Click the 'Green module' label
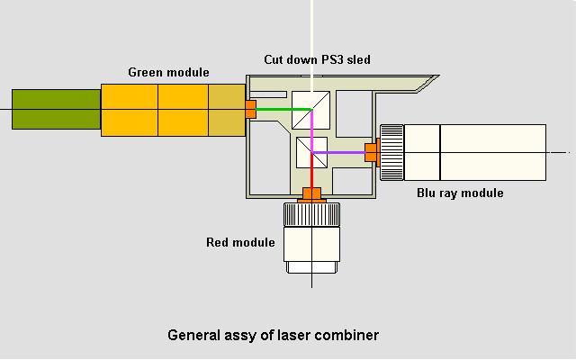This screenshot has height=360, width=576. [x=168, y=72]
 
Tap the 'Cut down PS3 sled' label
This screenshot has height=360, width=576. [x=317, y=59]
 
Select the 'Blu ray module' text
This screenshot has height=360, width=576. [x=460, y=193]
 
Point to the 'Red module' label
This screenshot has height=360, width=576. [x=240, y=242]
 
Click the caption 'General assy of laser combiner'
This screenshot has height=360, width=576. [x=273, y=335]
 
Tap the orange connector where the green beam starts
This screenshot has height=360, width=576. [x=250, y=109]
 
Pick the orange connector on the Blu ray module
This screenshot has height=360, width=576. [x=370, y=152]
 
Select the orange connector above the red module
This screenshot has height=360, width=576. [x=311, y=193]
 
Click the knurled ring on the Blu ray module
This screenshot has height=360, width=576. [x=391, y=151]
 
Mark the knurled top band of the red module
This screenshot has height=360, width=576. [x=311, y=214]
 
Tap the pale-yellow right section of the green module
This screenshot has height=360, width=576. [x=227, y=110]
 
